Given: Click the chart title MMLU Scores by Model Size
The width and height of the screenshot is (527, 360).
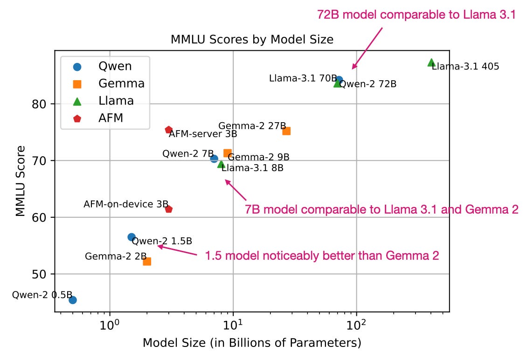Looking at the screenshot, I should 252,40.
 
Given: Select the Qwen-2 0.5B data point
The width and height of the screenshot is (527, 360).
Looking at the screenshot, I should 73,300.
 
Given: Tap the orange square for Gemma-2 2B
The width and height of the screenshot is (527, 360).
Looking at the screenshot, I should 147,261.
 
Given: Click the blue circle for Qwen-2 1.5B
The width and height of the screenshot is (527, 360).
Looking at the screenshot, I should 132,237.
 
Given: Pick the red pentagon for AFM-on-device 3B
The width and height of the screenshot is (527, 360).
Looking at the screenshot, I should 169,209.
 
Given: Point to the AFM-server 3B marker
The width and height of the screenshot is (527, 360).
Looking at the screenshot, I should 169,130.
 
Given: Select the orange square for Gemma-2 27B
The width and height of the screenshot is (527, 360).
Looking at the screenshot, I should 286,131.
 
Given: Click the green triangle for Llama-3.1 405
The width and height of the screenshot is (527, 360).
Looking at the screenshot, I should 431,62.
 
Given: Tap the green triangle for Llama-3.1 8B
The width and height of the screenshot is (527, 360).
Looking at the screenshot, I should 222,164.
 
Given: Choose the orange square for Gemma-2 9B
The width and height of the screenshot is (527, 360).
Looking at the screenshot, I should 228,153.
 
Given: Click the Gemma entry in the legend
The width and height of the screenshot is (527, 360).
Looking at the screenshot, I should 121,84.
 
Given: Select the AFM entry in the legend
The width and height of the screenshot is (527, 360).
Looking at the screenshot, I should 111,118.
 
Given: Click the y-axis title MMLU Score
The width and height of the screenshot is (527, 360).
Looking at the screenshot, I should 20,180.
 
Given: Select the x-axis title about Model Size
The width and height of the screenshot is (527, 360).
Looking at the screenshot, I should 252,343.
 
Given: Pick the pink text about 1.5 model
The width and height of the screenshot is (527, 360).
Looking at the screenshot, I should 322,256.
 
